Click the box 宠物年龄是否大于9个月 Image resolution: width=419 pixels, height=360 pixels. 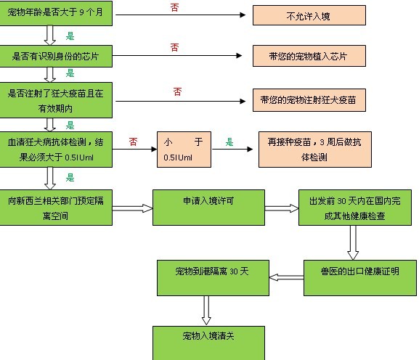point(56,13)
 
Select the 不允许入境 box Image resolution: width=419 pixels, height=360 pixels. point(309,15)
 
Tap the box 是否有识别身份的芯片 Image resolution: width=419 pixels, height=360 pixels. point(56,56)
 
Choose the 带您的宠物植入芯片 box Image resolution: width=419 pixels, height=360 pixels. point(309,56)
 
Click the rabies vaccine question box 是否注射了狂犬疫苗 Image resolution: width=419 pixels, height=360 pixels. point(56,100)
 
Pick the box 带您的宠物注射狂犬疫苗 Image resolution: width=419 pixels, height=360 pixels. point(309,100)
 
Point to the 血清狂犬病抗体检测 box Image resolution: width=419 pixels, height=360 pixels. point(56,150)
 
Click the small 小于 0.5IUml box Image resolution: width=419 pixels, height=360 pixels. point(184,150)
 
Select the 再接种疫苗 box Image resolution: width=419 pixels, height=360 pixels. point(314,150)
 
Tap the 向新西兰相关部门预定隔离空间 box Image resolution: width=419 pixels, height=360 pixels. point(56,208)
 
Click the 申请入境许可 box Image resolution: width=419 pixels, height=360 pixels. point(208,208)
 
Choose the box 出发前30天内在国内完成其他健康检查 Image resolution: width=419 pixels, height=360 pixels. point(355,208)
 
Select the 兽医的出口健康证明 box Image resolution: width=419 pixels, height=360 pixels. point(360,278)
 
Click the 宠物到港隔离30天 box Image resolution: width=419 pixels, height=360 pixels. point(213,278)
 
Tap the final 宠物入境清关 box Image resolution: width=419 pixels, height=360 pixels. point(208,343)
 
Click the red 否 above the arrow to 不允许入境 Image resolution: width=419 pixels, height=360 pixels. point(174,7)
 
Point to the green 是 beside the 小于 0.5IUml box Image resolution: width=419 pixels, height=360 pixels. point(229,142)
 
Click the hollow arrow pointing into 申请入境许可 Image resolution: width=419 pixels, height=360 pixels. point(132,208)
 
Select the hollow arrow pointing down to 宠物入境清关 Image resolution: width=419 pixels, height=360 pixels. point(206,311)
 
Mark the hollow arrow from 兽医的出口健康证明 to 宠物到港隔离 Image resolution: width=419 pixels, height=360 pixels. point(286,277)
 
